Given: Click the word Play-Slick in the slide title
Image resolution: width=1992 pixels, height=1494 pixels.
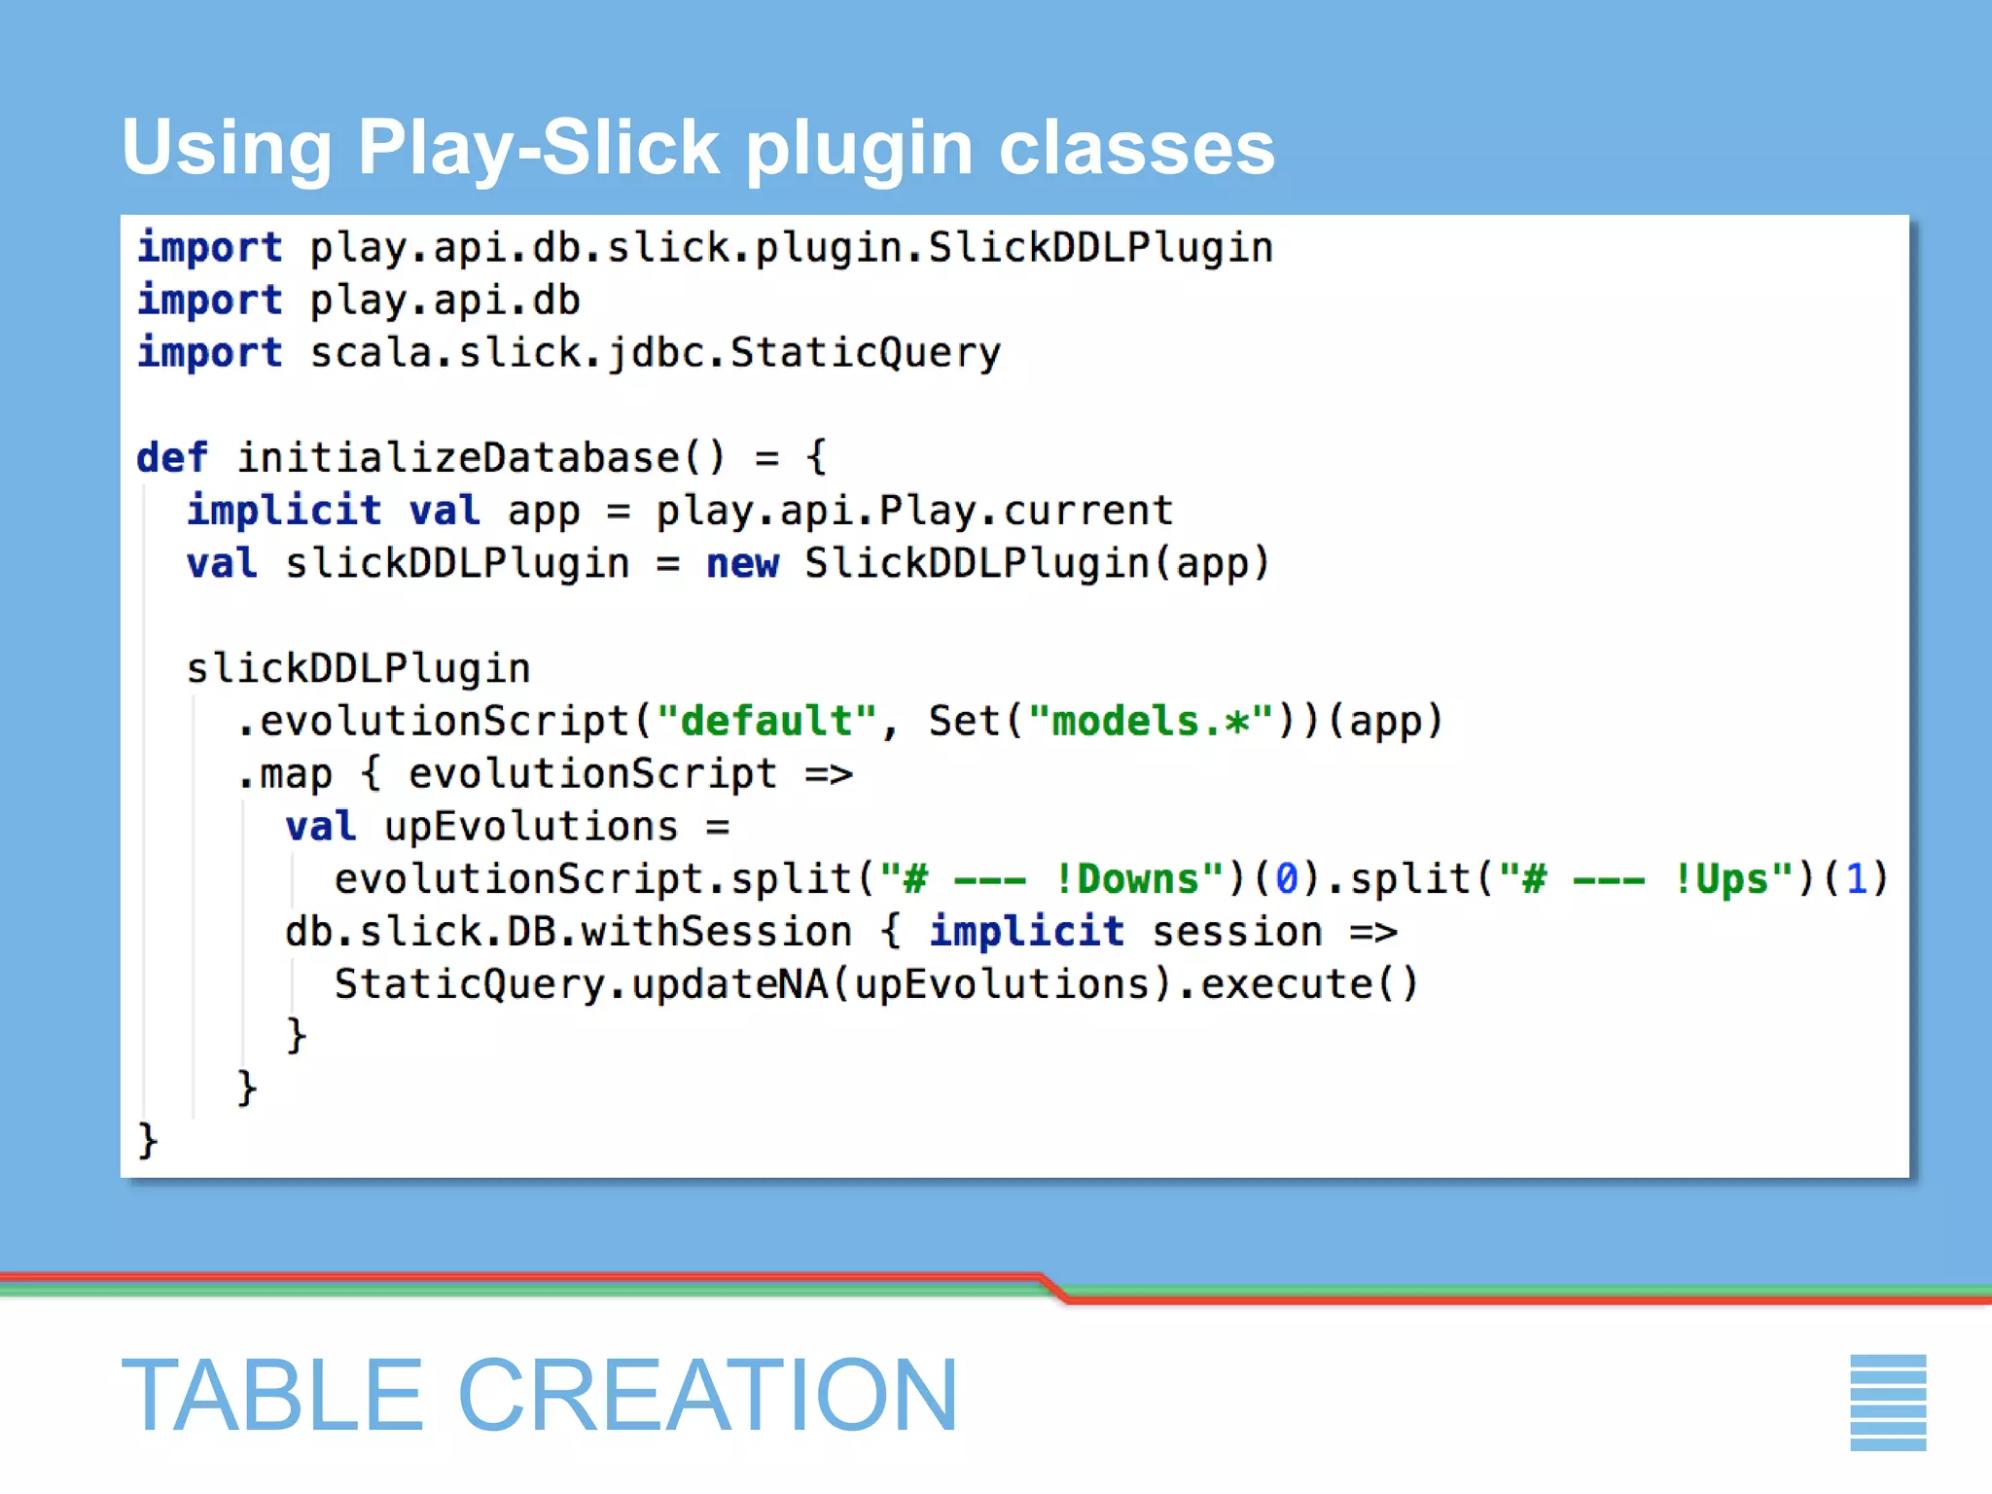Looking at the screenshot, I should (x=538, y=149).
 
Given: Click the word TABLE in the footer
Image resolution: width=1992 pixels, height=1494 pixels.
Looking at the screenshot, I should (x=272, y=1396).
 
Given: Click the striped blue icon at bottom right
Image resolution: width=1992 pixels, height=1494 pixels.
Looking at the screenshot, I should (x=1887, y=1402).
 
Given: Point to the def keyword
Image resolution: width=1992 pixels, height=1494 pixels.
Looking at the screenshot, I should (x=172, y=458).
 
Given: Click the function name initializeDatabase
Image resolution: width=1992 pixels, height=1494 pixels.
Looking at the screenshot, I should (x=457, y=458).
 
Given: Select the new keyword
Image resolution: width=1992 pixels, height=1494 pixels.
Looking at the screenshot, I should (x=742, y=564).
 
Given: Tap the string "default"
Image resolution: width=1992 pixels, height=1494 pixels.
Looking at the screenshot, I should (x=766, y=722).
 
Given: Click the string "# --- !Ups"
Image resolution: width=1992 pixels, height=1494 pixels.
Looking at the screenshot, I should (x=1646, y=879).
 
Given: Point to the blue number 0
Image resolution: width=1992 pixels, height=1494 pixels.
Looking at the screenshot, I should (x=1286, y=879).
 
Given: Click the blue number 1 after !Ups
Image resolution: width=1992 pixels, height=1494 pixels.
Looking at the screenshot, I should (x=1856, y=879).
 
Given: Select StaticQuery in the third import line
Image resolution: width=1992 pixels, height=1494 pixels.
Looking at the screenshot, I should (x=865, y=353).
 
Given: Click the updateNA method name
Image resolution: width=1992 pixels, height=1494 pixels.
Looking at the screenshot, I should (x=729, y=984).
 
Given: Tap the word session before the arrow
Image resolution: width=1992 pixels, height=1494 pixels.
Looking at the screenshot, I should (x=1236, y=932).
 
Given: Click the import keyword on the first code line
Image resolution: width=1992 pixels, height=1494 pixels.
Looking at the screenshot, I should (x=209, y=248).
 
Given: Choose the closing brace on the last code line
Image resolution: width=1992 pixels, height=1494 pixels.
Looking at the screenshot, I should (x=148, y=1140).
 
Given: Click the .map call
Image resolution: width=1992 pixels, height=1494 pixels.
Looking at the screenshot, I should (x=285, y=774).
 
